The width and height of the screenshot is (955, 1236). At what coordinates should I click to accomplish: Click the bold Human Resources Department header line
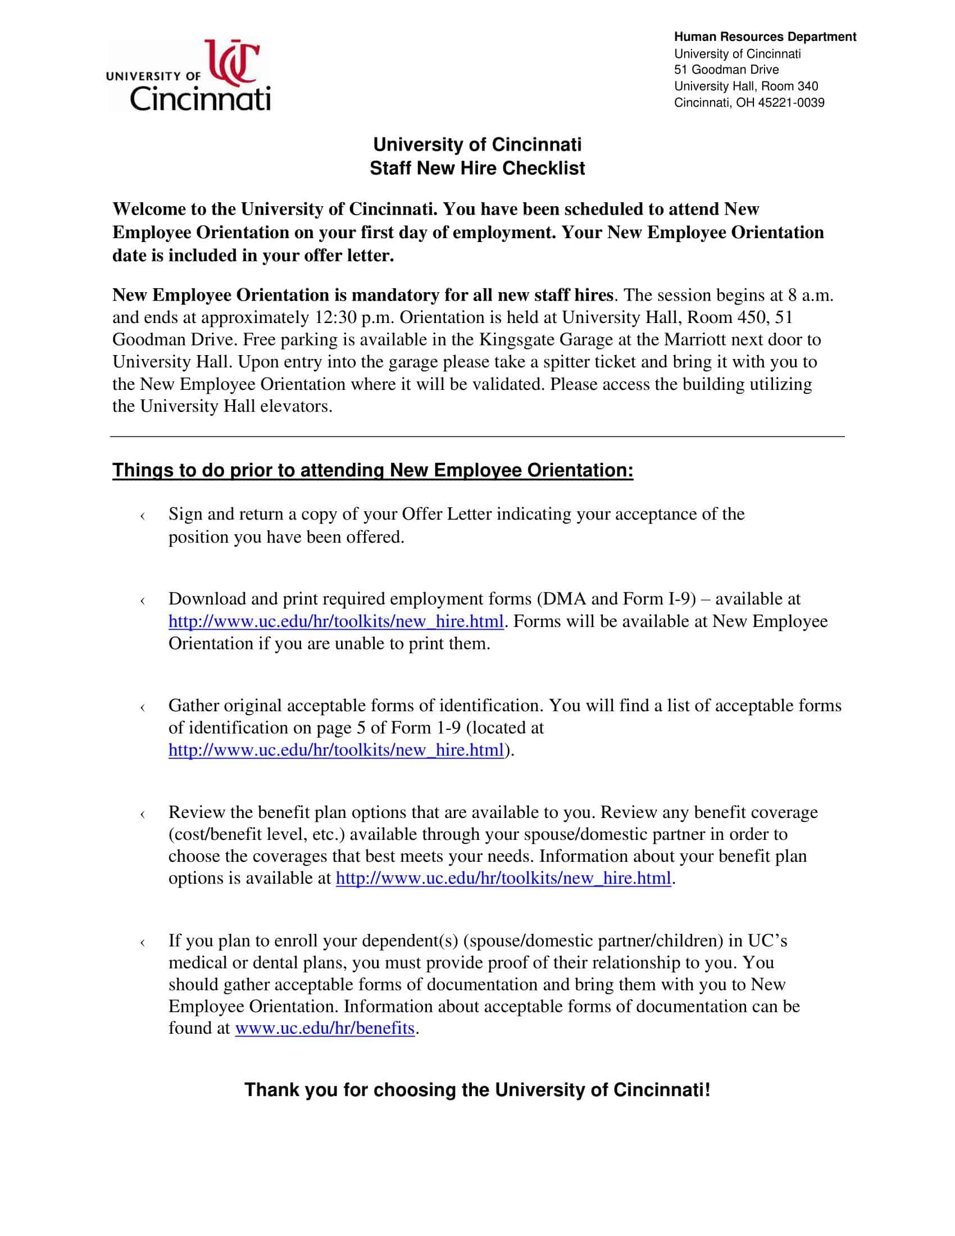[x=765, y=37]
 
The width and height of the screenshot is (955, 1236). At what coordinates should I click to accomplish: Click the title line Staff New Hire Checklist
[x=477, y=168]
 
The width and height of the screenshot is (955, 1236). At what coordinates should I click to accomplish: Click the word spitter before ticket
[x=568, y=362]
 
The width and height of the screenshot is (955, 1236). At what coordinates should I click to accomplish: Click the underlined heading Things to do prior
[x=372, y=470]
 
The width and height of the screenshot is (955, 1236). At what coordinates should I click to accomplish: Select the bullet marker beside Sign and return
[x=143, y=516]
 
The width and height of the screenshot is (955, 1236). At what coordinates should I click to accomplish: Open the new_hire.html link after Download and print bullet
[x=335, y=621]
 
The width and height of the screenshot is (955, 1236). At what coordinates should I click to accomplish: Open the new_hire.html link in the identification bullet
[x=335, y=750]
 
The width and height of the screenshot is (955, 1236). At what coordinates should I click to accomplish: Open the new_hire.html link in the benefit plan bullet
[x=503, y=878]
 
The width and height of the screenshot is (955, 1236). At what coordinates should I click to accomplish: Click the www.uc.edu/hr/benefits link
[x=325, y=1028]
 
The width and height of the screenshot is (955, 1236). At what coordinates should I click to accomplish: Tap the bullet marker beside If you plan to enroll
[x=143, y=942]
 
